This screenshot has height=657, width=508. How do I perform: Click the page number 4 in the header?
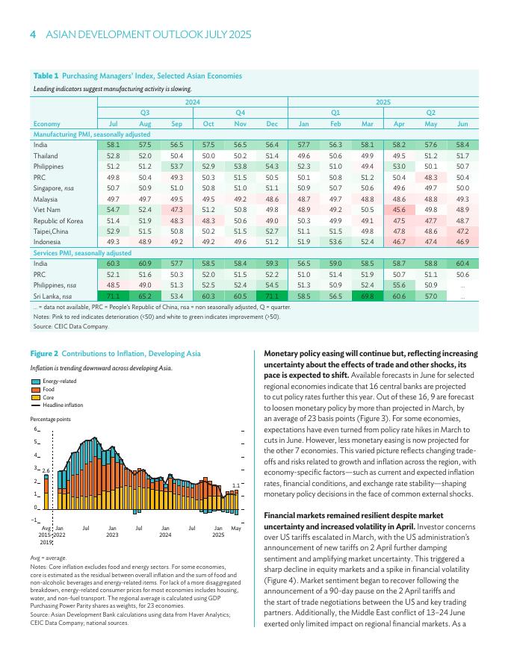coord(33,35)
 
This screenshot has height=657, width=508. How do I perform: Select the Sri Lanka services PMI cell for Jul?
coord(114,296)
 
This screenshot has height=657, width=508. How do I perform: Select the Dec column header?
coord(272,123)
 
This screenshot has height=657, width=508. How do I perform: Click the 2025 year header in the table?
coord(382,102)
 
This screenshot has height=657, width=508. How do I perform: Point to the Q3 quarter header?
coord(145,112)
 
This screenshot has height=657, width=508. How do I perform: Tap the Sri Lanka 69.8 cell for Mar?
coord(367,296)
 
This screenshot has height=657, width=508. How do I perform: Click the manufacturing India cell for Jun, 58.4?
coord(462,144)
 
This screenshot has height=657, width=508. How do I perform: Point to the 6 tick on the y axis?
coord(34,430)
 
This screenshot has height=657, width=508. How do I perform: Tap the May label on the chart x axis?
coord(236,528)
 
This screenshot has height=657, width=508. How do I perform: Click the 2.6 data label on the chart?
coord(46,470)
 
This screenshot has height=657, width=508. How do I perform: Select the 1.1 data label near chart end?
coord(236,485)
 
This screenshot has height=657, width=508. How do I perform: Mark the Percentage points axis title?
coord(50,420)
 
